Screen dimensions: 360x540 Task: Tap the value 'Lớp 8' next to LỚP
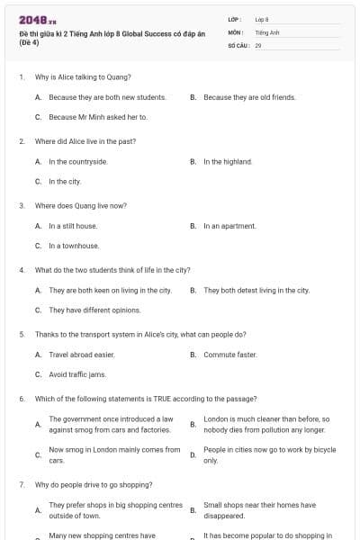tap(263, 19)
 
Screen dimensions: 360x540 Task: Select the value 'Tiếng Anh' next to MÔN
tap(267, 31)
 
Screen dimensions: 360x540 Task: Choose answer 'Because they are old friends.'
tap(249, 96)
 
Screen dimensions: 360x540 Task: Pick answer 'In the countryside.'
tap(78, 162)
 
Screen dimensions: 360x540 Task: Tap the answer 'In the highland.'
tap(228, 162)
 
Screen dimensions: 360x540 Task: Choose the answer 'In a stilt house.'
tap(73, 226)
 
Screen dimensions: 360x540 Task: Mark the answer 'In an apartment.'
tap(229, 226)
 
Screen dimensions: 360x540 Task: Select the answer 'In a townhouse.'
tap(74, 245)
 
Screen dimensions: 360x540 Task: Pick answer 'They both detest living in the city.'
tap(256, 291)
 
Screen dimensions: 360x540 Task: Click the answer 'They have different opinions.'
tap(94, 310)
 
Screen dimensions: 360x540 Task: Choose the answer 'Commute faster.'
tap(230, 355)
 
